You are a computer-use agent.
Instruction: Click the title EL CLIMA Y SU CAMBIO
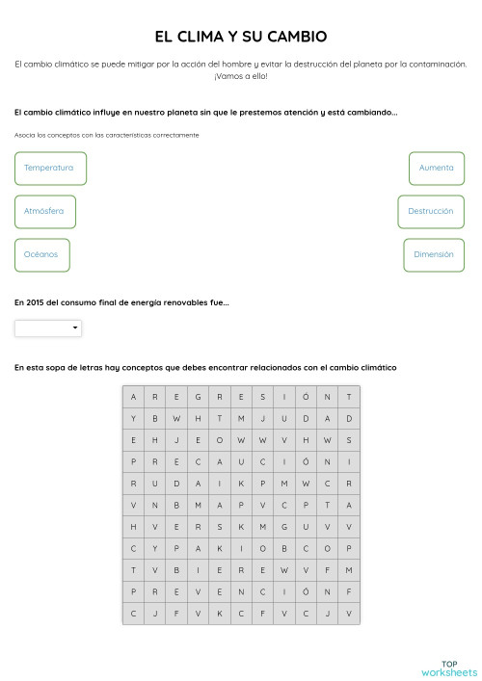click(241, 37)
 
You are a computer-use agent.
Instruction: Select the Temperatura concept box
click(50, 168)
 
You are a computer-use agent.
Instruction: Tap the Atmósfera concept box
click(45, 211)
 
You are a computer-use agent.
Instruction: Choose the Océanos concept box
click(42, 254)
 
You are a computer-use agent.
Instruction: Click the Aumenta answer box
click(436, 168)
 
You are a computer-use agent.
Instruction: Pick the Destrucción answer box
click(430, 211)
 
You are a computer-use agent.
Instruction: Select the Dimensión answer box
click(433, 254)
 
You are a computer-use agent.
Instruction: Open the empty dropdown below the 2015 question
click(48, 328)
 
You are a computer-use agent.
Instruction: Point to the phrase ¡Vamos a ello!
click(241, 75)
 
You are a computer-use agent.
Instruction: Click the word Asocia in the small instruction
click(25, 135)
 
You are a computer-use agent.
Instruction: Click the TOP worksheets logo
click(448, 668)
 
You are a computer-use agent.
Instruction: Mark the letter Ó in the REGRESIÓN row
click(306, 397)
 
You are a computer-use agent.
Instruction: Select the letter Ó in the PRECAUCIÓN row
click(306, 461)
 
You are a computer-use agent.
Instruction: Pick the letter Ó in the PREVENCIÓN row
click(306, 591)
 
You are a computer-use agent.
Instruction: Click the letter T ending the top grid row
click(349, 397)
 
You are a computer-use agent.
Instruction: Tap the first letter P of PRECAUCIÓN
click(133, 461)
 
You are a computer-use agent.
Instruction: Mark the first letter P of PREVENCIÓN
click(133, 591)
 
